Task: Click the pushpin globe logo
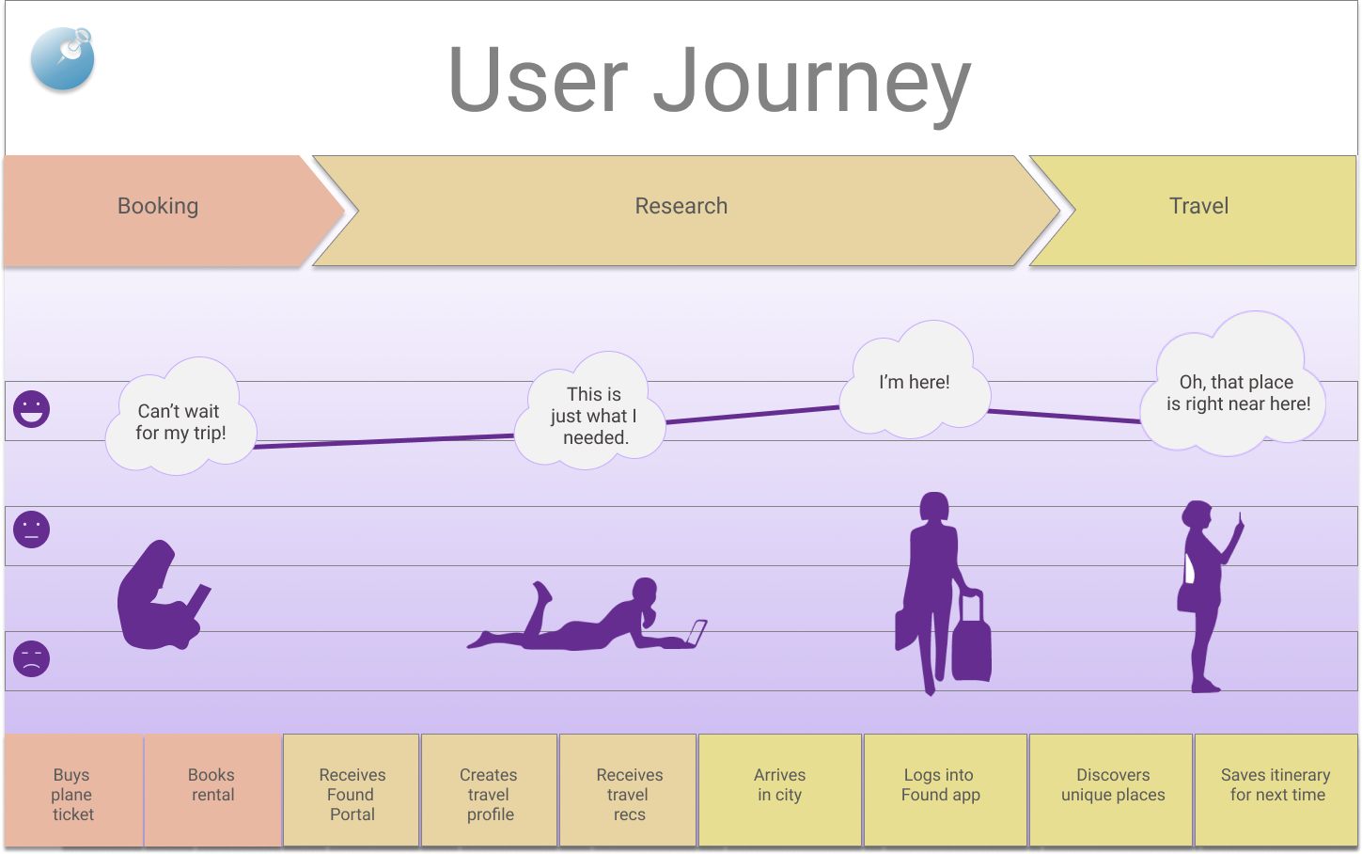(x=63, y=58)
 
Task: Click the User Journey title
(x=709, y=81)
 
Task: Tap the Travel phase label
(x=1198, y=207)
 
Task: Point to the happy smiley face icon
(x=31, y=409)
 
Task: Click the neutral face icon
(x=31, y=530)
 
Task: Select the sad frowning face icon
(x=31, y=658)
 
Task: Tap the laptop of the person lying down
(x=696, y=633)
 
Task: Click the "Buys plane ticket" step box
(x=73, y=794)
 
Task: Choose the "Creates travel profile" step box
(x=489, y=794)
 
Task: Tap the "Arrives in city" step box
(x=779, y=790)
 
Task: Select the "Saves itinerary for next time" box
(x=1276, y=790)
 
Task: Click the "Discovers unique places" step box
(x=1112, y=790)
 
